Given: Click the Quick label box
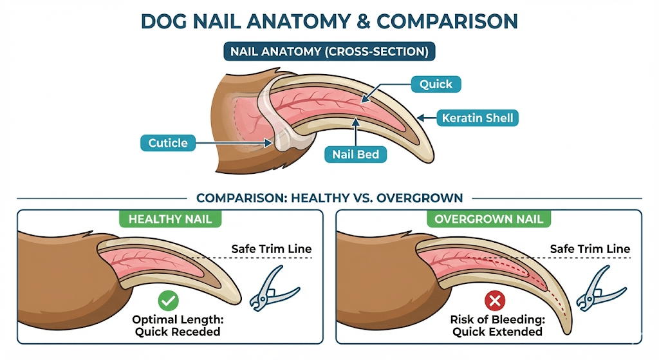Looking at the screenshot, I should coord(436,84).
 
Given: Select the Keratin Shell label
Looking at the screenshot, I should coord(476,118).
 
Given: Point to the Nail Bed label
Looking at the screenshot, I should coord(355,154).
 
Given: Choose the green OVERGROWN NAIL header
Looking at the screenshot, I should coord(488,219).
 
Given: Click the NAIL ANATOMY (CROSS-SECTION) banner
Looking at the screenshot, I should coord(329,52).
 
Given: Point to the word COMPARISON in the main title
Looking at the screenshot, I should coord(447,21).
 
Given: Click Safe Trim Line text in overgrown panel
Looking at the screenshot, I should coord(590,249).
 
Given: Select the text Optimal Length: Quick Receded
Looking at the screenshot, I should coord(176,325).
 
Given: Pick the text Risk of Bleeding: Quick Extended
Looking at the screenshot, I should coord(497,325).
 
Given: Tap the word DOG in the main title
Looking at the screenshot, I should coord(165,21).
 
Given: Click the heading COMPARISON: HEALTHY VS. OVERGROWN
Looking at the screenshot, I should coord(329,198).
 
